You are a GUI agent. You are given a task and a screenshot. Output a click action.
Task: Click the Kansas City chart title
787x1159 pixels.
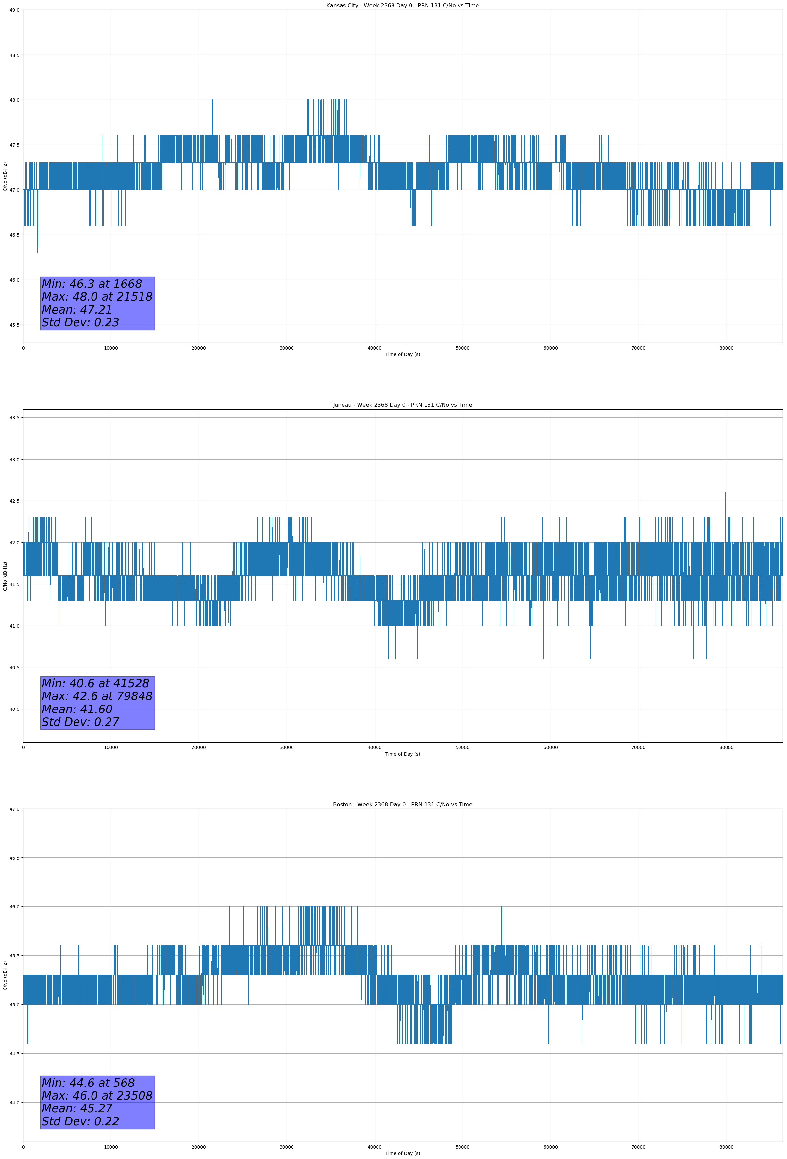(x=402, y=6)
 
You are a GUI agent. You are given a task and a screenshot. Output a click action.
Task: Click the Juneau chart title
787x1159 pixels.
(x=402, y=405)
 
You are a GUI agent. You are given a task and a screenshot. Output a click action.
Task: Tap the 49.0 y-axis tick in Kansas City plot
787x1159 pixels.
(x=14, y=10)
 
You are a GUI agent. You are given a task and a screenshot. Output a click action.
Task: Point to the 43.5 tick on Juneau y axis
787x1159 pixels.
(x=14, y=417)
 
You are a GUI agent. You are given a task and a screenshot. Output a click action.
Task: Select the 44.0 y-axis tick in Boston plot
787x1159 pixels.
(x=14, y=1102)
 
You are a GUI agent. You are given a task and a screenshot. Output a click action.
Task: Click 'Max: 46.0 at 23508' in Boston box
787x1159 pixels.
(x=97, y=1096)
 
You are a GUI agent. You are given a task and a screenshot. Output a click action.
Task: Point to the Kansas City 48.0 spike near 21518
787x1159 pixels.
(x=212, y=101)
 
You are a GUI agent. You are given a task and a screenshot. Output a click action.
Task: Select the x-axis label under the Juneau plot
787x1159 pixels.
(x=402, y=754)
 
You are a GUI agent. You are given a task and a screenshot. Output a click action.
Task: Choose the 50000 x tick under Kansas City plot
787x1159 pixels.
(x=462, y=348)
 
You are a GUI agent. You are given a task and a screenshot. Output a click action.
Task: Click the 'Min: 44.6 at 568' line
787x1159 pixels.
(x=88, y=1083)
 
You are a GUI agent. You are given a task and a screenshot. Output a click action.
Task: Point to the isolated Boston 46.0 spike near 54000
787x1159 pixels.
(x=502, y=908)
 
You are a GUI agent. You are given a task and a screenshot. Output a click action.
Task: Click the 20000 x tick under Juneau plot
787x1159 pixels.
(x=199, y=747)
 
